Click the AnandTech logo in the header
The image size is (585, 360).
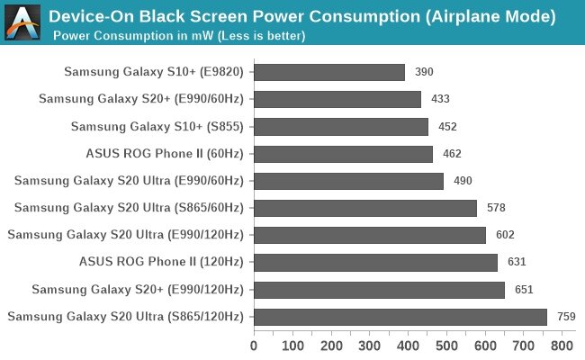pos(22,22)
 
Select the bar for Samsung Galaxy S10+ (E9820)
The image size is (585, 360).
pos(329,72)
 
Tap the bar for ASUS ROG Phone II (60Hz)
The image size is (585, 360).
pos(343,154)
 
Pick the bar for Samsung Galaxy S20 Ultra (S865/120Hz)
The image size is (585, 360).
pos(400,317)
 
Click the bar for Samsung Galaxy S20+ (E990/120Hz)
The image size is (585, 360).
pos(379,290)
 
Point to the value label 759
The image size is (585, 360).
pos(566,317)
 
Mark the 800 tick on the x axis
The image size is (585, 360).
pos(562,345)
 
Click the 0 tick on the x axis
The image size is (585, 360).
pos(254,345)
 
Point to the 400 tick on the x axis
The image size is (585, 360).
pos(408,345)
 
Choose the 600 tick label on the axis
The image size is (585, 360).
pos(485,345)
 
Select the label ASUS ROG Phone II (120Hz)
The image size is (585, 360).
pos(161,263)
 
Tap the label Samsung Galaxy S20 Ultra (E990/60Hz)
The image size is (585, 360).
pos(129,181)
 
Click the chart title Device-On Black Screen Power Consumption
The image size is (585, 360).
pos(301,16)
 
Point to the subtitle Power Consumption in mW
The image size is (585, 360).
pos(179,36)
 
